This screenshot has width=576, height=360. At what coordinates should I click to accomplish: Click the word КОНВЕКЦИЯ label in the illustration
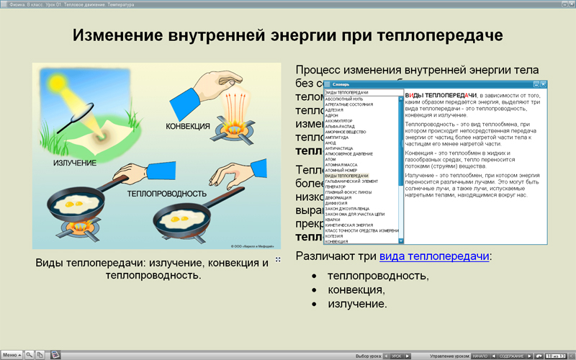pos(188,127)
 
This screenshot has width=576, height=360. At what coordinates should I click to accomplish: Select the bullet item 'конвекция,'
pos(356,290)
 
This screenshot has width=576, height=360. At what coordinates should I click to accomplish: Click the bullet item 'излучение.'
pos(357,304)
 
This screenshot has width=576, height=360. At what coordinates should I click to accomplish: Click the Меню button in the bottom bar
pos(11,355)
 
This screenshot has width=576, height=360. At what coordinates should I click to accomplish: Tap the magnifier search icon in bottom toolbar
pos(30,355)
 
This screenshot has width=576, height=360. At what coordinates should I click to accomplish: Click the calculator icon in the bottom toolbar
pos(55,355)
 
